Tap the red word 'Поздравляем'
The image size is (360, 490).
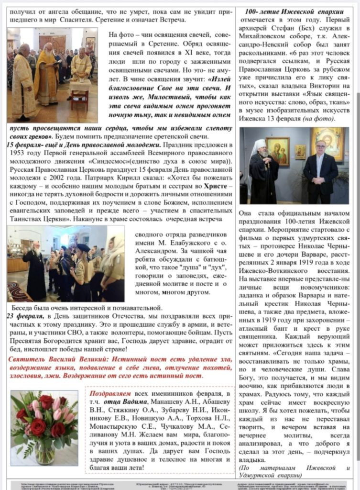[x=109, y=393]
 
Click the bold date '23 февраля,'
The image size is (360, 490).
[x=24, y=317]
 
